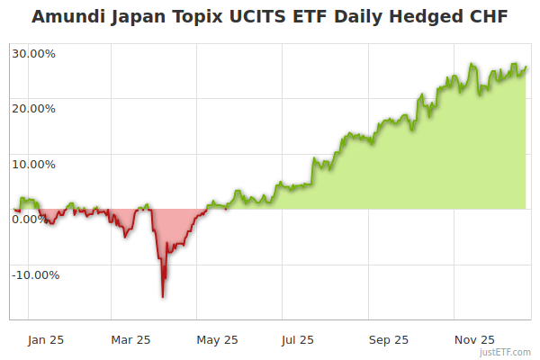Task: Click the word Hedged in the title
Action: pos(431,17)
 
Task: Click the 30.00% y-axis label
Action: pos(34,53)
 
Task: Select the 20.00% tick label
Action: pos(34,109)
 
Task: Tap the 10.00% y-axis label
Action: pos(34,165)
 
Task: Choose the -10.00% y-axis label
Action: pos(34,275)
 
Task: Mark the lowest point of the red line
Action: pos(163,296)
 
